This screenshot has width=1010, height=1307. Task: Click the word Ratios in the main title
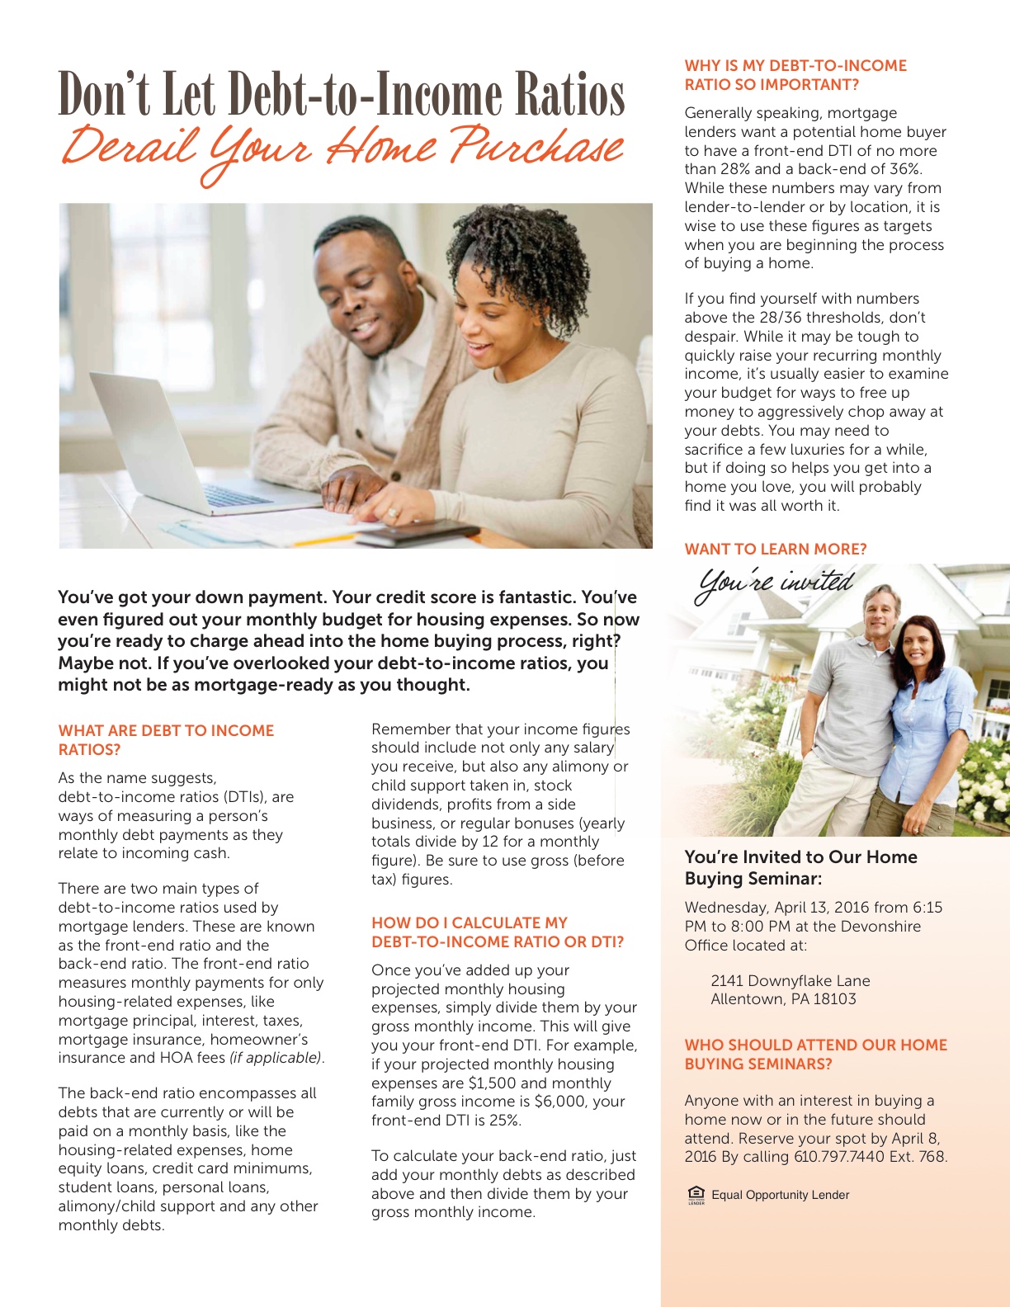click(x=570, y=95)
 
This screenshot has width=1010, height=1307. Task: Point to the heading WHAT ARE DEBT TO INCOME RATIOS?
click(x=166, y=740)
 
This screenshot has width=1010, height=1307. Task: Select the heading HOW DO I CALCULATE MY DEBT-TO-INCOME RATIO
click(x=497, y=932)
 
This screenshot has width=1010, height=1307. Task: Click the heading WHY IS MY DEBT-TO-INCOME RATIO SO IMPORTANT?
click(x=795, y=75)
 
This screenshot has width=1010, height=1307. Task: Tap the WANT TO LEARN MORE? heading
click(x=776, y=550)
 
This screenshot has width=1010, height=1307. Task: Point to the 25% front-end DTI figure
click(x=502, y=1121)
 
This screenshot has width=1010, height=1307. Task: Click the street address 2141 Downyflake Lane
click(x=790, y=981)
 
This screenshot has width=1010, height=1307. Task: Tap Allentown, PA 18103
click(x=783, y=999)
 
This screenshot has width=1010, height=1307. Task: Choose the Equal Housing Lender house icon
click(x=696, y=1194)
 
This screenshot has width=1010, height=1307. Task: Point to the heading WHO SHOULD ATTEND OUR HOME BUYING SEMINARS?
click(x=815, y=1055)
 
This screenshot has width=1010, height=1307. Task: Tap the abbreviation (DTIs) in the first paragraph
click(x=245, y=797)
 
